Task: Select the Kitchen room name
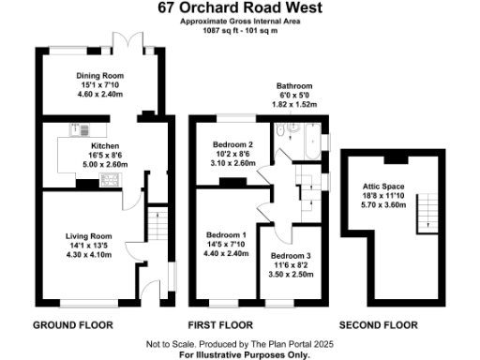point(103,146)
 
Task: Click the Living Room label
point(88,235)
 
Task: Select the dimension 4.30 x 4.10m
point(88,255)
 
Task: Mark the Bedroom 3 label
point(291,255)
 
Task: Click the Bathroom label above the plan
point(294,85)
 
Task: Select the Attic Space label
point(383,186)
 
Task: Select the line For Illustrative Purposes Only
point(241,355)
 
